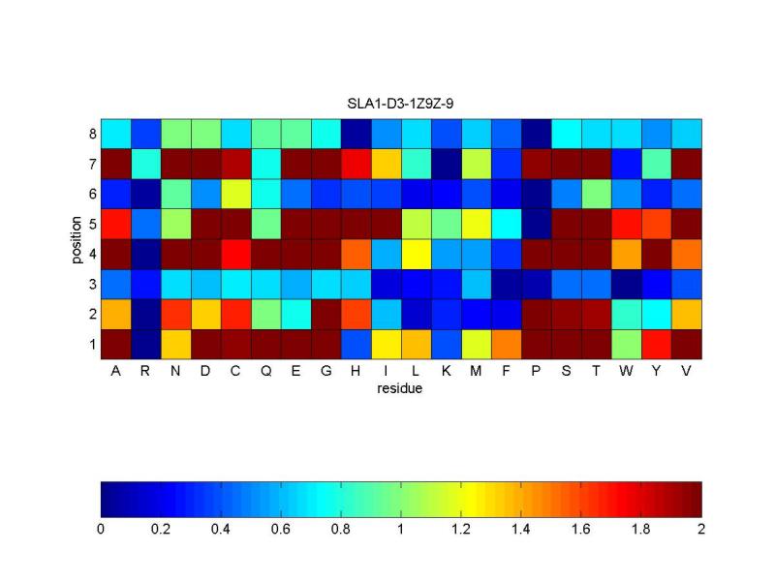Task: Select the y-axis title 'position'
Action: pyautogui.click(x=77, y=238)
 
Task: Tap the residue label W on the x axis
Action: pyautogui.click(x=627, y=372)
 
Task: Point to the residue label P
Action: pyautogui.click(x=537, y=372)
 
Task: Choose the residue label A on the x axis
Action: pyautogui.click(x=116, y=372)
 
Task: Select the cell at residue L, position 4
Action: pyautogui.click(x=417, y=254)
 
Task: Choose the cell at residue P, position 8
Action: pyautogui.click(x=537, y=134)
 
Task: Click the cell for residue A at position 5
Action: pyautogui.click(x=116, y=224)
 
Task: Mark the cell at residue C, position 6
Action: pyautogui.click(x=236, y=194)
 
